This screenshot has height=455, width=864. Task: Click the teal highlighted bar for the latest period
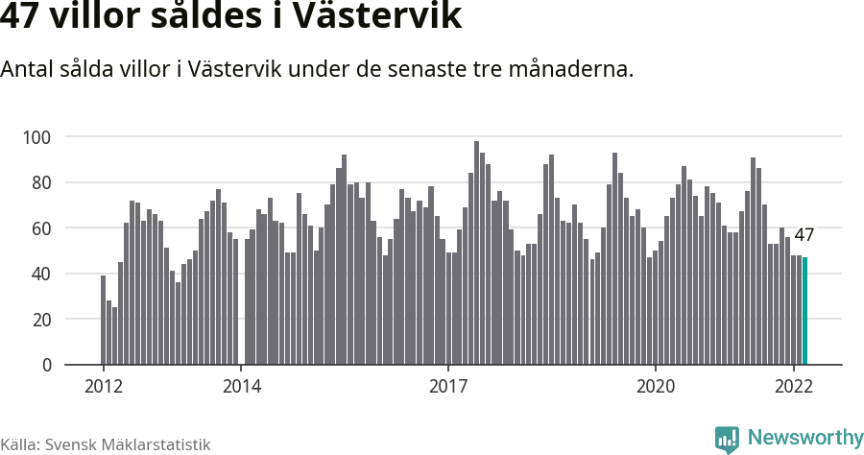point(804,311)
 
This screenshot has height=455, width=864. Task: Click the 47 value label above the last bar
point(804,235)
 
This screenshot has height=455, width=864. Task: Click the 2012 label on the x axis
point(104,387)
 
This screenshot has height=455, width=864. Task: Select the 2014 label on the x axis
point(242,387)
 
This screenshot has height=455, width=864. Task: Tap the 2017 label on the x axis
point(448,387)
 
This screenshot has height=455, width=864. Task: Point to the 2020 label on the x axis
point(656,387)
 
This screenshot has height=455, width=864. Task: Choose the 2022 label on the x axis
point(794,387)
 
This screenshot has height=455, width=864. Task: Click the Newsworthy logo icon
point(727,440)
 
